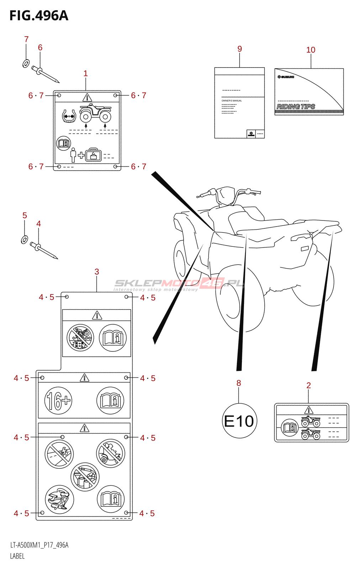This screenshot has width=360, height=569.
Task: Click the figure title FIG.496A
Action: click(39, 16)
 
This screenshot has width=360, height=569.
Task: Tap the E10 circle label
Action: click(239, 421)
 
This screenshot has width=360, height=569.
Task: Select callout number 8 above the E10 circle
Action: click(239, 383)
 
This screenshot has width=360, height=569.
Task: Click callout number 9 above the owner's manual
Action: click(240, 49)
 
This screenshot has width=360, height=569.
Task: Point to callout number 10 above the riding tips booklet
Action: click(311, 50)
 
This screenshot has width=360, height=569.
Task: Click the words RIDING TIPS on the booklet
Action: click(296, 106)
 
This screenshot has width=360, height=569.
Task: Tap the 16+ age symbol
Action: click(58, 400)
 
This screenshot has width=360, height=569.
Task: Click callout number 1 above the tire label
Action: click(85, 73)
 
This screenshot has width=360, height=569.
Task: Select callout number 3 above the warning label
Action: click(97, 272)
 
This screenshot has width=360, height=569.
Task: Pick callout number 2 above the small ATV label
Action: click(308, 385)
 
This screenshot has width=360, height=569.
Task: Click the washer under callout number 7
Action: click(26, 64)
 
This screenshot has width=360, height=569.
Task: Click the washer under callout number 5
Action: click(24, 240)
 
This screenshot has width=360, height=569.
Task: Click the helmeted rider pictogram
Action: click(59, 499)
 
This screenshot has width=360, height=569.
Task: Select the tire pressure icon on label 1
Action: click(69, 116)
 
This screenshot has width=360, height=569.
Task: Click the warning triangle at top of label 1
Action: click(87, 97)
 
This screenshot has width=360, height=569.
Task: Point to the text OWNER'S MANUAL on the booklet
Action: click(232, 101)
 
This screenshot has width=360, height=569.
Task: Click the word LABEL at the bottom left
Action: click(17, 556)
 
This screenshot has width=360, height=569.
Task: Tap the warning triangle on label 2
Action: click(309, 410)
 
